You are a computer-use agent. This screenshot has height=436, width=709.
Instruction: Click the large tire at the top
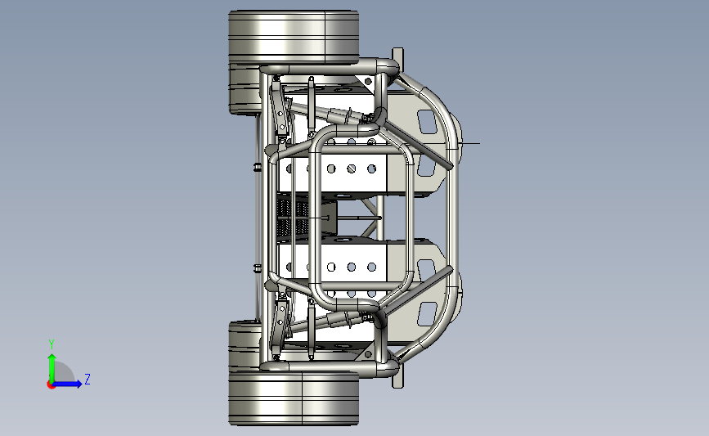point(294,37)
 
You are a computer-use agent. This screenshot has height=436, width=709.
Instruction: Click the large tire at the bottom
point(294,398)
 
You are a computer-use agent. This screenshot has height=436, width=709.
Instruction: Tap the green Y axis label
point(52,344)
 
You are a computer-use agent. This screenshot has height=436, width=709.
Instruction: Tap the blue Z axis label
point(88,379)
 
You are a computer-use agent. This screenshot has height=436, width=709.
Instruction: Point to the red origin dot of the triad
point(51,385)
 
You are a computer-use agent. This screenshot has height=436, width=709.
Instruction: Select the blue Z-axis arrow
point(67,384)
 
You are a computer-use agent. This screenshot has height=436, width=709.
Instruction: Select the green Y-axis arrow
point(52,368)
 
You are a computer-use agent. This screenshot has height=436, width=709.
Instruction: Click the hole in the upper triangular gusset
point(368,82)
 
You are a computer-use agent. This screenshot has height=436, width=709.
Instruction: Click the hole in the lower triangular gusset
point(368,354)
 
